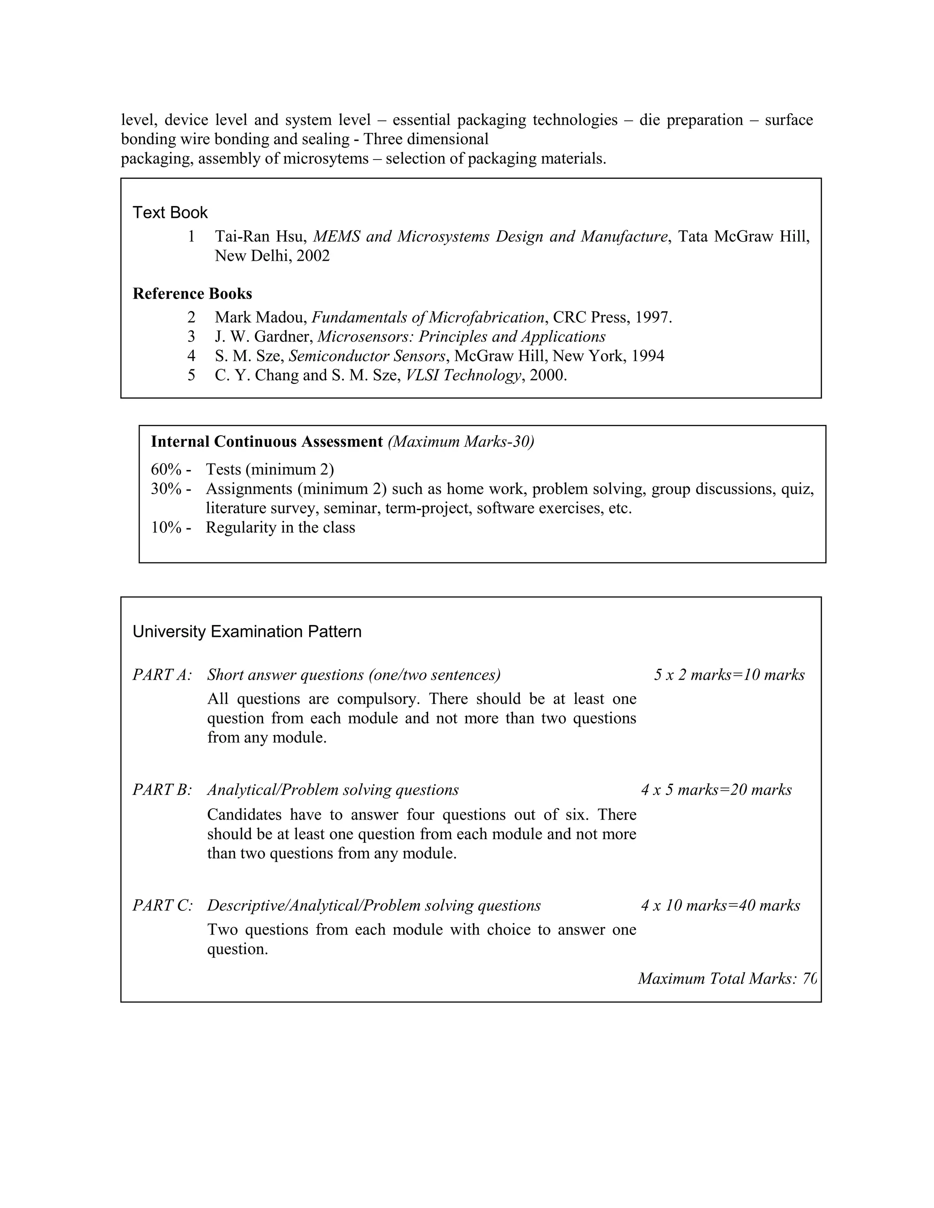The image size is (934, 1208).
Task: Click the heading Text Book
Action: point(170,212)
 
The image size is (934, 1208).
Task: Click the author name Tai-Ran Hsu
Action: point(259,237)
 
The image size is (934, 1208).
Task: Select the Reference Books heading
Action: point(192,294)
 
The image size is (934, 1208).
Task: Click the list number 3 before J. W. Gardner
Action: point(192,336)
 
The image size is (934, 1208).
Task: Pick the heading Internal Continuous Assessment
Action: point(267,441)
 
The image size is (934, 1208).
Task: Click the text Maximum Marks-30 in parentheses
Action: point(461,441)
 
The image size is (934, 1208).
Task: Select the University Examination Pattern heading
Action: point(247,632)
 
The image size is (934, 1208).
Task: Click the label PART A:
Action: point(162,675)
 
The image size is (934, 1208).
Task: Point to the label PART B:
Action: point(162,790)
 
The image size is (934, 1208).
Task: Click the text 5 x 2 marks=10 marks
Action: point(729,675)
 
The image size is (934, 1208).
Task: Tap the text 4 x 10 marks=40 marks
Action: point(721,905)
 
